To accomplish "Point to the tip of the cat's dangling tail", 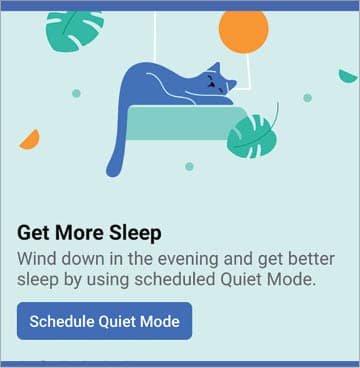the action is [x=113, y=171].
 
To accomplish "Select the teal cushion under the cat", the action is [x=185, y=122].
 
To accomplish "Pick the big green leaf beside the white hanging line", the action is [x=75, y=29].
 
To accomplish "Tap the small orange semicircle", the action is [x=31, y=140].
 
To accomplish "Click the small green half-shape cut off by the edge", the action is [x=349, y=76].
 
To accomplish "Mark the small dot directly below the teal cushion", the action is [x=189, y=166].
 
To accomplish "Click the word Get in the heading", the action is [x=33, y=233].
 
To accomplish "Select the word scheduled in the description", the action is [x=174, y=280].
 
